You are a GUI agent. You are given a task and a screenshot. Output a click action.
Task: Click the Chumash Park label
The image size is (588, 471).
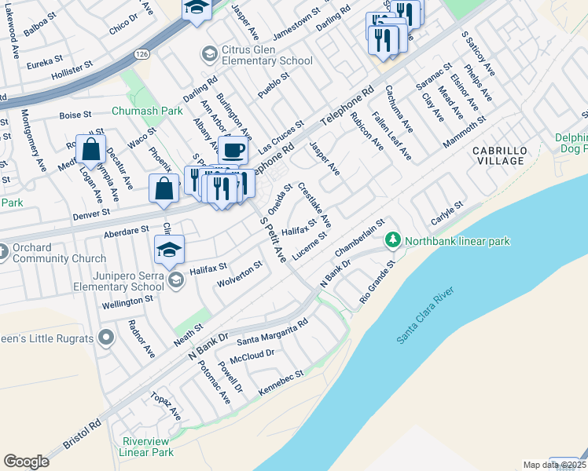pyautogui.click(x=147, y=111)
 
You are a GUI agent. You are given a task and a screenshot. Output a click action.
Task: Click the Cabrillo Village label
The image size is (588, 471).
pyautogui.click(x=498, y=155)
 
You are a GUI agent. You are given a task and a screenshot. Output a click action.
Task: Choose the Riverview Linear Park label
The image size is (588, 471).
pyautogui.click(x=146, y=447)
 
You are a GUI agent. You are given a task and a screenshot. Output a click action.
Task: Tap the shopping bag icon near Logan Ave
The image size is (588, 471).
pyautogui.click(x=91, y=148)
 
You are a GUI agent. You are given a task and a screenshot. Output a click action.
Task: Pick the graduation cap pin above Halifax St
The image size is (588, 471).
pyautogui.click(x=170, y=249)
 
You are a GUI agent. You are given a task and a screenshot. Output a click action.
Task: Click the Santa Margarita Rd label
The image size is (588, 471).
pyautogui.click(x=272, y=332)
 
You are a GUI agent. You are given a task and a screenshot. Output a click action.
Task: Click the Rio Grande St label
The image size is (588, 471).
pyautogui.click(x=377, y=284)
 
